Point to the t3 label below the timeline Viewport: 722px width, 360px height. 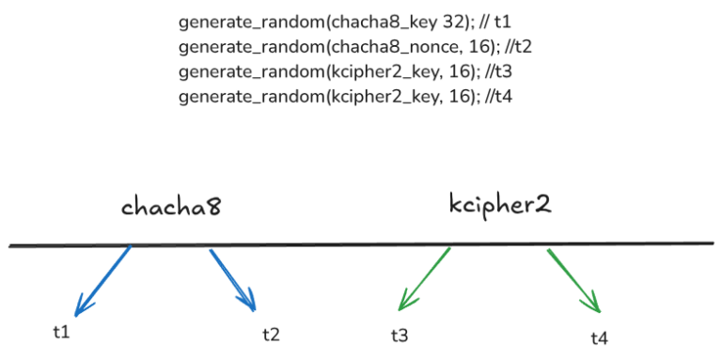(x=400, y=335)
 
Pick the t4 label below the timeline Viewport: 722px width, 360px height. (x=600, y=337)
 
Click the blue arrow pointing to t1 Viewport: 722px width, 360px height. (x=103, y=279)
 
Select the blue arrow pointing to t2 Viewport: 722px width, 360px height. (x=232, y=279)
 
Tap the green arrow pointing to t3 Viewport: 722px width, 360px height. (x=425, y=279)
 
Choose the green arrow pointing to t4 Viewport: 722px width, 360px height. (x=573, y=280)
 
